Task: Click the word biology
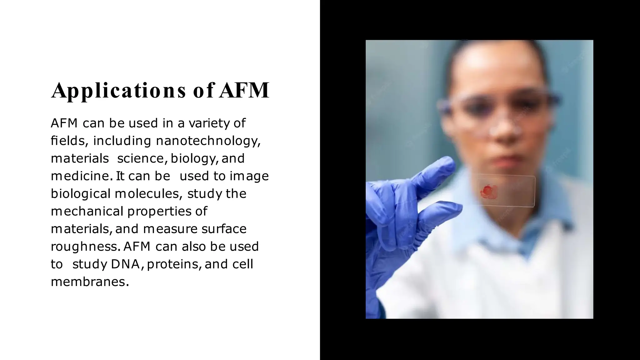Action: (193, 159)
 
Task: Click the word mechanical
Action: (87, 211)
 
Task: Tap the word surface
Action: (224, 229)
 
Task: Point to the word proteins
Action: (173, 264)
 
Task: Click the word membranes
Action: (89, 282)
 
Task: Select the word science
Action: (140, 158)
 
